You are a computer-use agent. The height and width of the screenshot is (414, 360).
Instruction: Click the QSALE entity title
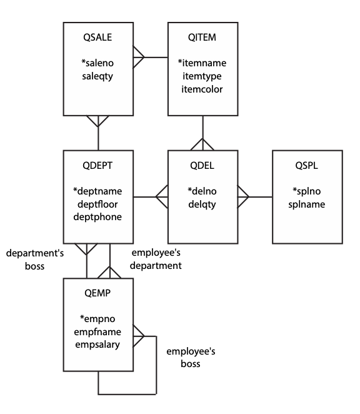97,38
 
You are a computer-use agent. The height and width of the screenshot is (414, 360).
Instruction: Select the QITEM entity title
202,38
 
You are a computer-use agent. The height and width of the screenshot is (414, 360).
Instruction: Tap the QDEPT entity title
97,166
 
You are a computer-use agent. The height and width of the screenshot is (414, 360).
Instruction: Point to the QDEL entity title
202,166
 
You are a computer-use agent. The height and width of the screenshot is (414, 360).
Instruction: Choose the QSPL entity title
307,166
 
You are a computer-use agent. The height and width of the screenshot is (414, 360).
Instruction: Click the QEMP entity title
97,293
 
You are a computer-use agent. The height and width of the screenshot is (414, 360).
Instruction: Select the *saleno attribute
97,63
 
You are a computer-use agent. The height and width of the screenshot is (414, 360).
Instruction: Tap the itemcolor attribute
202,89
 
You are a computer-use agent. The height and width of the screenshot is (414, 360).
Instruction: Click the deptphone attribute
97,217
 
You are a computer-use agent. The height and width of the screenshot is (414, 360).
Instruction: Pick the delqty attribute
202,204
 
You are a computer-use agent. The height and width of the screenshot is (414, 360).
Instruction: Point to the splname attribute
307,204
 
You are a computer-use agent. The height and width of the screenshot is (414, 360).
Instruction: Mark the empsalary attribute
97,345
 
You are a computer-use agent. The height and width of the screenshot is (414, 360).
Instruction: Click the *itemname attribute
202,63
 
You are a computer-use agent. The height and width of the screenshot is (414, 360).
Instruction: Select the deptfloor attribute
97,204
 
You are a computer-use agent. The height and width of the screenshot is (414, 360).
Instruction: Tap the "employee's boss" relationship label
191,358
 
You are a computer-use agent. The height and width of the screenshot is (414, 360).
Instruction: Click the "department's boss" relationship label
35,260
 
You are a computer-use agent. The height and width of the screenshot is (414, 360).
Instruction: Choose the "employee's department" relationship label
156,259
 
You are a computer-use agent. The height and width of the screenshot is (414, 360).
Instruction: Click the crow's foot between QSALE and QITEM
139,57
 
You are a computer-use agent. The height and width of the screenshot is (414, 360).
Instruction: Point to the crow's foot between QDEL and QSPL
243,197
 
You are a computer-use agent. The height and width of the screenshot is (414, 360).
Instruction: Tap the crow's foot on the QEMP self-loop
139,336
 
